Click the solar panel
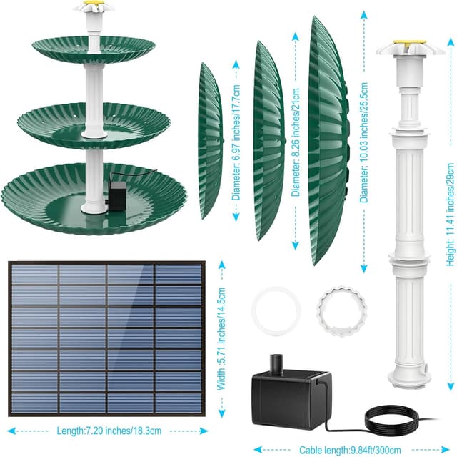[x=107, y=340]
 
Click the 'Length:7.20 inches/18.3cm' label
[x=108, y=431]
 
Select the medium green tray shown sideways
[x=268, y=139]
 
